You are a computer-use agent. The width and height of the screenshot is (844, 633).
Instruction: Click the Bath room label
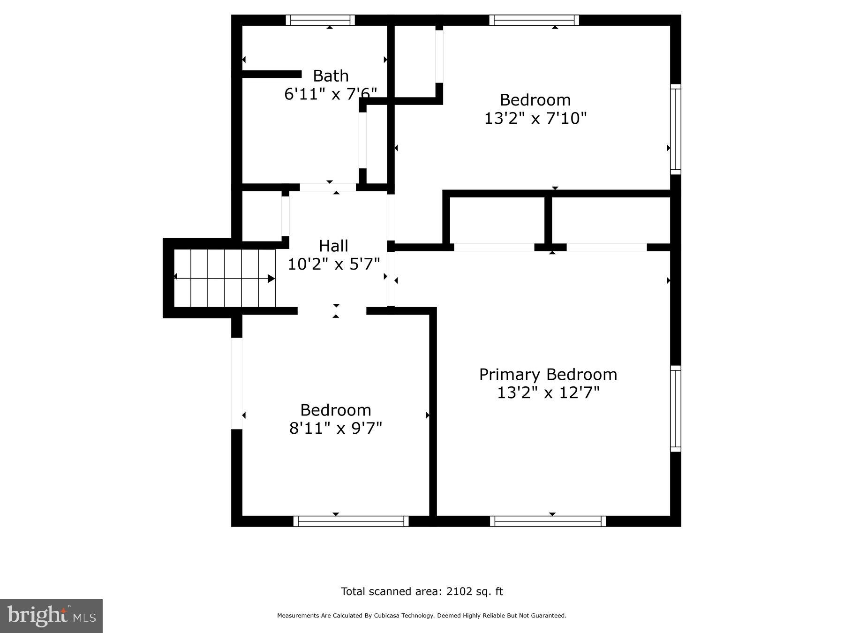[331, 76]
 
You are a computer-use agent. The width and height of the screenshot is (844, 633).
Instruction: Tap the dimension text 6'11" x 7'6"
[331, 94]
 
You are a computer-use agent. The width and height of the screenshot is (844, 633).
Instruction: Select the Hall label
[333, 246]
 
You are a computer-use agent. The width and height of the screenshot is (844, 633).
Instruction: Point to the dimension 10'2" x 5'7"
[333, 264]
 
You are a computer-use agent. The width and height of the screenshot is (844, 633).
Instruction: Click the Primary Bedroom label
[548, 374]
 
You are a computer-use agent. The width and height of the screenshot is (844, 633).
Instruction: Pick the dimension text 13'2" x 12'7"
[548, 392]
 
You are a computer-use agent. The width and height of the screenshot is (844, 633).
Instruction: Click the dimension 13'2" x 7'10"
[535, 118]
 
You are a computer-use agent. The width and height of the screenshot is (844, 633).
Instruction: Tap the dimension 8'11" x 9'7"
[336, 428]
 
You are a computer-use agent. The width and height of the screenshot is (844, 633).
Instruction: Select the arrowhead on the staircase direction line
[271, 279]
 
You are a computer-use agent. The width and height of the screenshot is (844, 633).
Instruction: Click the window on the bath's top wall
[320, 20]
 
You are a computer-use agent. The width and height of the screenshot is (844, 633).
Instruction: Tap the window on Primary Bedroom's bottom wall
[548, 521]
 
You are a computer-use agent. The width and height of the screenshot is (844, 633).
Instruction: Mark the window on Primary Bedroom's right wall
[675, 408]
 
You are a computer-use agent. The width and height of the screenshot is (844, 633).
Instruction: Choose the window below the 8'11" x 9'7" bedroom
[351, 521]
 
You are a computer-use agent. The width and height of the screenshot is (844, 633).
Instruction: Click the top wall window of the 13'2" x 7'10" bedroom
[534, 20]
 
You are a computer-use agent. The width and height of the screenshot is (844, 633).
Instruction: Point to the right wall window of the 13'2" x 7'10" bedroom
[675, 129]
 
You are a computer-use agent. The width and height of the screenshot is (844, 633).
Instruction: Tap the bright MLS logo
[51, 616]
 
